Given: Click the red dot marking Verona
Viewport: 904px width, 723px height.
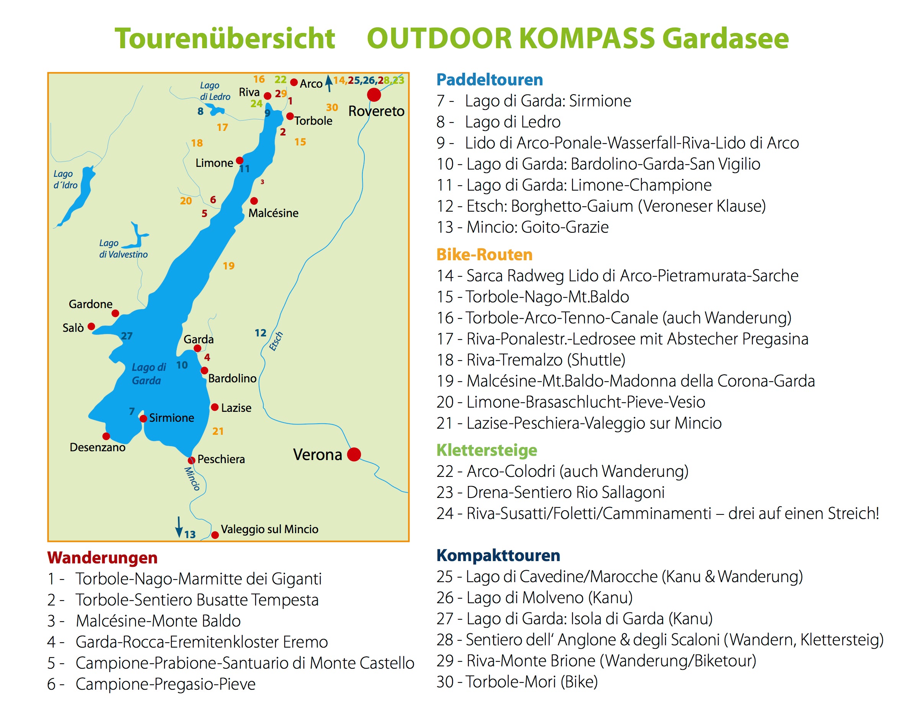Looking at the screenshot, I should point(354,454).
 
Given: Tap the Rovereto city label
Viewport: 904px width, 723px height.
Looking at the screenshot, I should point(376,111).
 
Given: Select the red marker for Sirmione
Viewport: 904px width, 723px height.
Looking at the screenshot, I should point(144,419).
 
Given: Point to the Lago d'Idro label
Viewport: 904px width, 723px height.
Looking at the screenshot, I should point(65,180).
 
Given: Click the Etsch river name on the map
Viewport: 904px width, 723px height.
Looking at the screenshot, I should point(276,341).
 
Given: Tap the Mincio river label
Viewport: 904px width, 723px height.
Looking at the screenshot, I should point(193,478).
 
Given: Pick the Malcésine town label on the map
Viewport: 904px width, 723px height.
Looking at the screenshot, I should point(273,213).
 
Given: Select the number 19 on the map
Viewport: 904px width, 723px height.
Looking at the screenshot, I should point(228,266).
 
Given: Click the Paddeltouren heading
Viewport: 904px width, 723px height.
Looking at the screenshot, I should point(490,80).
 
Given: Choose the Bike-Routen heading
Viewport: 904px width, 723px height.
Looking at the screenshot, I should point(484,255).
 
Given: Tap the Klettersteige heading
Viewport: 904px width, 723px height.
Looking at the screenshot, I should point(486,450).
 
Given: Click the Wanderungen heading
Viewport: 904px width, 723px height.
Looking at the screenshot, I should point(102,557).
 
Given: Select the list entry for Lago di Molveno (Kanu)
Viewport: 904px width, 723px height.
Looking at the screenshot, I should point(534,597).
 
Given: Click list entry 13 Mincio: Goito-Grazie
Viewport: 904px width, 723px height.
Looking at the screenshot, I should point(522,227).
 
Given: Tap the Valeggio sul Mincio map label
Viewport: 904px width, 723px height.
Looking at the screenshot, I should point(269,529).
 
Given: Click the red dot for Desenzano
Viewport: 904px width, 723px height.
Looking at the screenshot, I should point(106,436).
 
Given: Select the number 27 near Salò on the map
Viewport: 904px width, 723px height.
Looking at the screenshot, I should point(127,336).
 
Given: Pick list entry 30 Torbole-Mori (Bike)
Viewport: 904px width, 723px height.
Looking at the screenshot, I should point(517,682).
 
